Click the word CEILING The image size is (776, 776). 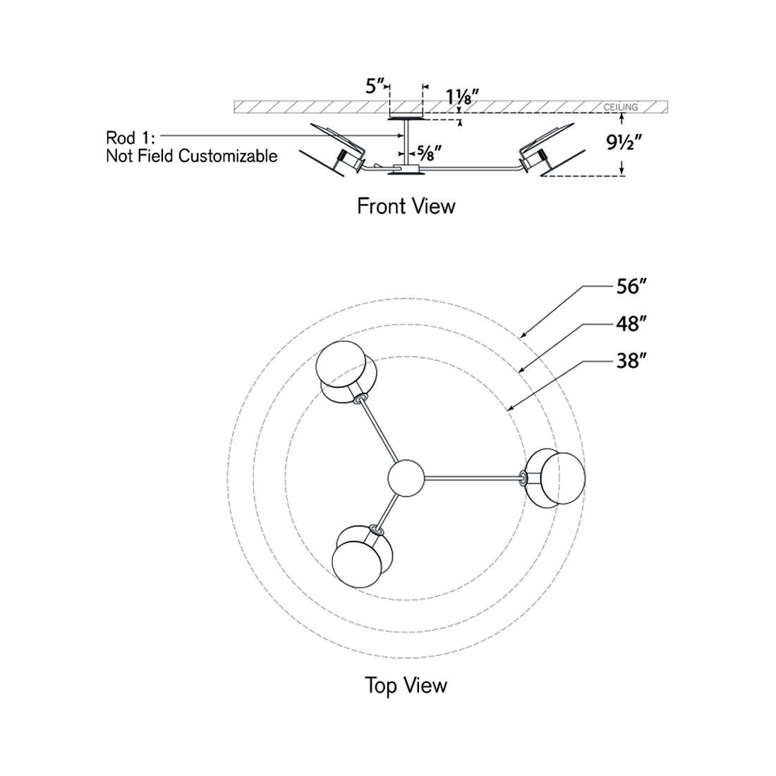pyautogui.click(x=620, y=107)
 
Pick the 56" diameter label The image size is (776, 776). pyautogui.click(x=631, y=286)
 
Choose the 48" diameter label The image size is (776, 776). pyautogui.click(x=631, y=324)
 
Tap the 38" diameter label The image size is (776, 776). pyautogui.click(x=631, y=361)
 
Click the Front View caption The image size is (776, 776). pyautogui.click(x=406, y=206)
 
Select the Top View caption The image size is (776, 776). pyautogui.click(x=406, y=685)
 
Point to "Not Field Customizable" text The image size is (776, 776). pyautogui.click(x=192, y=156)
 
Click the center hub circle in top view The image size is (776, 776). pyautogui.click(x=406, y=478)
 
